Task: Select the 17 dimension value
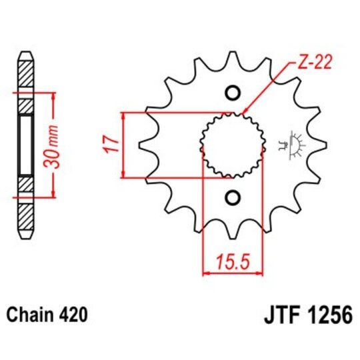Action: click(111, 143)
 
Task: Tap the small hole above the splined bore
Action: click(233, 92)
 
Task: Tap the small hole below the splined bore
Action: click(233, 198)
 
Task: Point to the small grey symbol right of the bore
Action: click(291, 143)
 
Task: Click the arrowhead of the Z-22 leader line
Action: click(244, 111)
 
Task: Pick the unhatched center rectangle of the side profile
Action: click(25, 144)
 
